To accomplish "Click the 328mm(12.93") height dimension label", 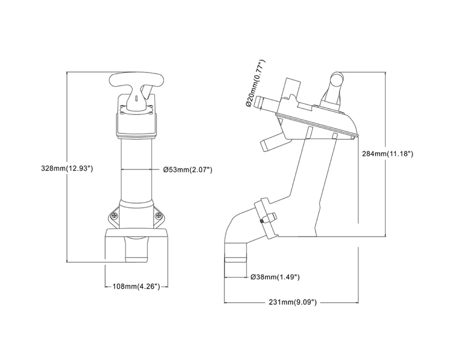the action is point(67,168).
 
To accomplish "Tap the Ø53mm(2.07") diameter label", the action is point(188,170).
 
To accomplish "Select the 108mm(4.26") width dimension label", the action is point(136,287).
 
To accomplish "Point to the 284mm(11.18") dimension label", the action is point(387,154).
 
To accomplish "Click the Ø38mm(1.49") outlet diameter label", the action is point(275,277).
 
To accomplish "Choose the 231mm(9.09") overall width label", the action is point(293,302).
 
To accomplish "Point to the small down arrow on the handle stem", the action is point(136,99).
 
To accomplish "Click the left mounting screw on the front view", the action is point(114,216).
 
